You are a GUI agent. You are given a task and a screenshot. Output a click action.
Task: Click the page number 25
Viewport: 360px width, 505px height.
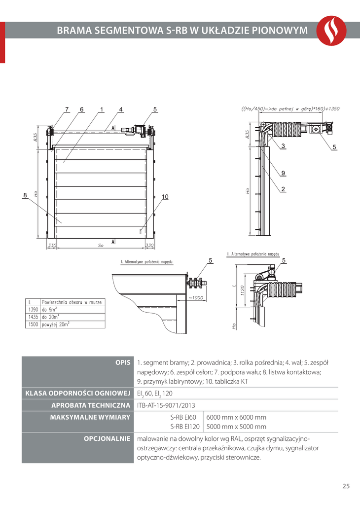pyautogui.click(x=346, y=486)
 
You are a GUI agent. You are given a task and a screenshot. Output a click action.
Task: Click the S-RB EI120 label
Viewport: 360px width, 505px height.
pyautogui.click(x=184, y=427)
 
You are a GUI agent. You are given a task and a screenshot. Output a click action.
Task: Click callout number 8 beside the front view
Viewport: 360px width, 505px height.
pyautogui.click(x=25, y=195)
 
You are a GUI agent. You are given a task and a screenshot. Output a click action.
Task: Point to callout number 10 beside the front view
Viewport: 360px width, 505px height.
pyautogui.click(x=165, y=197)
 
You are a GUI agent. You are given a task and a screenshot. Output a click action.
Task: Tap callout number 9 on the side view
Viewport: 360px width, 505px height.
pyautogui.click(x=283, y=173)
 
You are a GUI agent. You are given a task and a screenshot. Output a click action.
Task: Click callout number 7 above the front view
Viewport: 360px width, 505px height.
pyautogui.click(x=67, y=109)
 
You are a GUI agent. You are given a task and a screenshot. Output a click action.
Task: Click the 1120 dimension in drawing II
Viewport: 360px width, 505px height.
pyautogui.click(x=242, y=291)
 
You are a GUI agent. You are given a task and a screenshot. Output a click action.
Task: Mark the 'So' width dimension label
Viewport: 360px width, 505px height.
pyautogui.click(x=101, y=245)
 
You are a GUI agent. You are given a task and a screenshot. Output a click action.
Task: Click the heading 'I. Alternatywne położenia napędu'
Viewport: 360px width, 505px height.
pyautogui.click(x=146, y=262)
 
